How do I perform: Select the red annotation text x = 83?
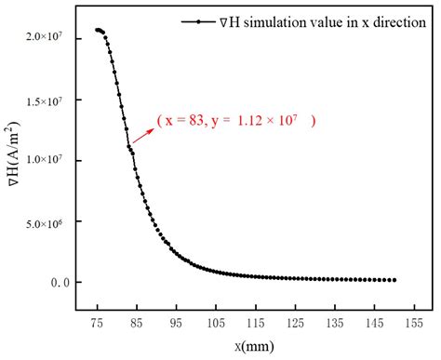pyautogui.click(x=190, y=120)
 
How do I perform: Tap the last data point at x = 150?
pyautogui.click(x=394, y=280)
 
